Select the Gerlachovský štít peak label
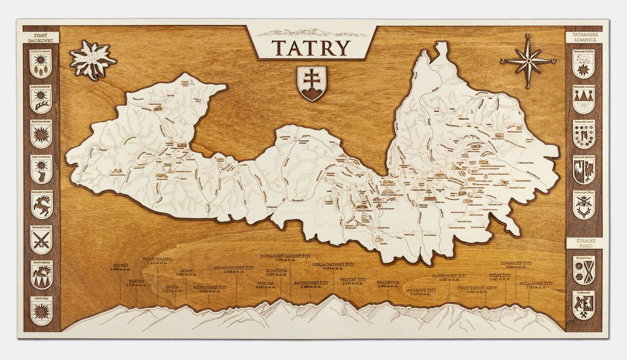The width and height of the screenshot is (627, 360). pos(333,266)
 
